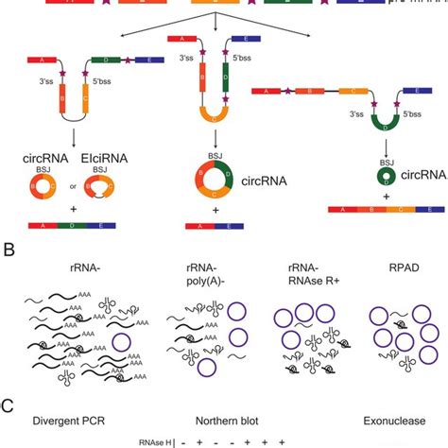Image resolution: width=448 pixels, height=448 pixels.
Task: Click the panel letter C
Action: click(x=8, y=407)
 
